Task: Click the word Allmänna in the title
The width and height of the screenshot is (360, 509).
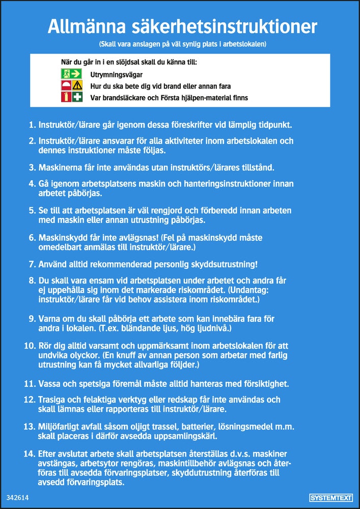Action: [84, 26]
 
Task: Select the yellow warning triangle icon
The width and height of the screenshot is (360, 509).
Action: [77, 86]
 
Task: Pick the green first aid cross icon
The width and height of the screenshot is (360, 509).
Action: [77, 97]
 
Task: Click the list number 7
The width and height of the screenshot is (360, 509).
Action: [32, 264]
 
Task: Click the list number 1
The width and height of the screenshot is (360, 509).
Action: [32, 124]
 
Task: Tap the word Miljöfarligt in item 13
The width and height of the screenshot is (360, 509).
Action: [59, 426]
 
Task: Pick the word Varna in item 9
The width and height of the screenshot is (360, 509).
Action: [50, 319]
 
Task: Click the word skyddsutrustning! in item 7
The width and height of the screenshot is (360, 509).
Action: [222, 264]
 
